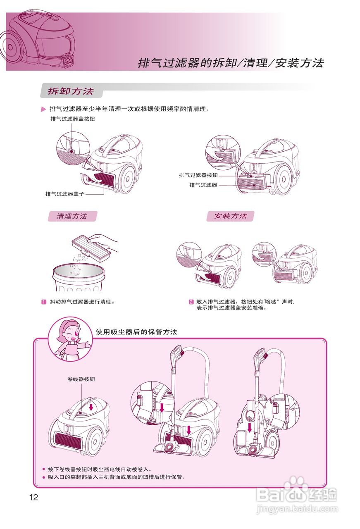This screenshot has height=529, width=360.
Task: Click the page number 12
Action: [33, 497]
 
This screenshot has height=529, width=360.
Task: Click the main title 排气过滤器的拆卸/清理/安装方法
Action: [231, 63]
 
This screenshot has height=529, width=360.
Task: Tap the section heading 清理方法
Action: [72, 216]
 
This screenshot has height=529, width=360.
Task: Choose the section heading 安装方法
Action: [230, 216]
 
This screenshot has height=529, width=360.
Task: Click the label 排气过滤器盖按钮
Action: [69, 119]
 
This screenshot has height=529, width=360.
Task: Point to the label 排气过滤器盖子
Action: [65, 193]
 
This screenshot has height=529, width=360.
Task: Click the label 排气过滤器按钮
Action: [198, 175]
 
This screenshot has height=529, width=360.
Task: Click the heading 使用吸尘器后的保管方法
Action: [136, 332]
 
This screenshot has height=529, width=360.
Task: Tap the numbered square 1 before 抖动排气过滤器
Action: [43, 302]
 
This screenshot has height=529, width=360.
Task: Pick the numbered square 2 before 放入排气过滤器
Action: [191, 302]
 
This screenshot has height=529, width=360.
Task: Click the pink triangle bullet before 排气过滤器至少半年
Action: [43, 110]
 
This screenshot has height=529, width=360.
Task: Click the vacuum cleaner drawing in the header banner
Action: [39, 41]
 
